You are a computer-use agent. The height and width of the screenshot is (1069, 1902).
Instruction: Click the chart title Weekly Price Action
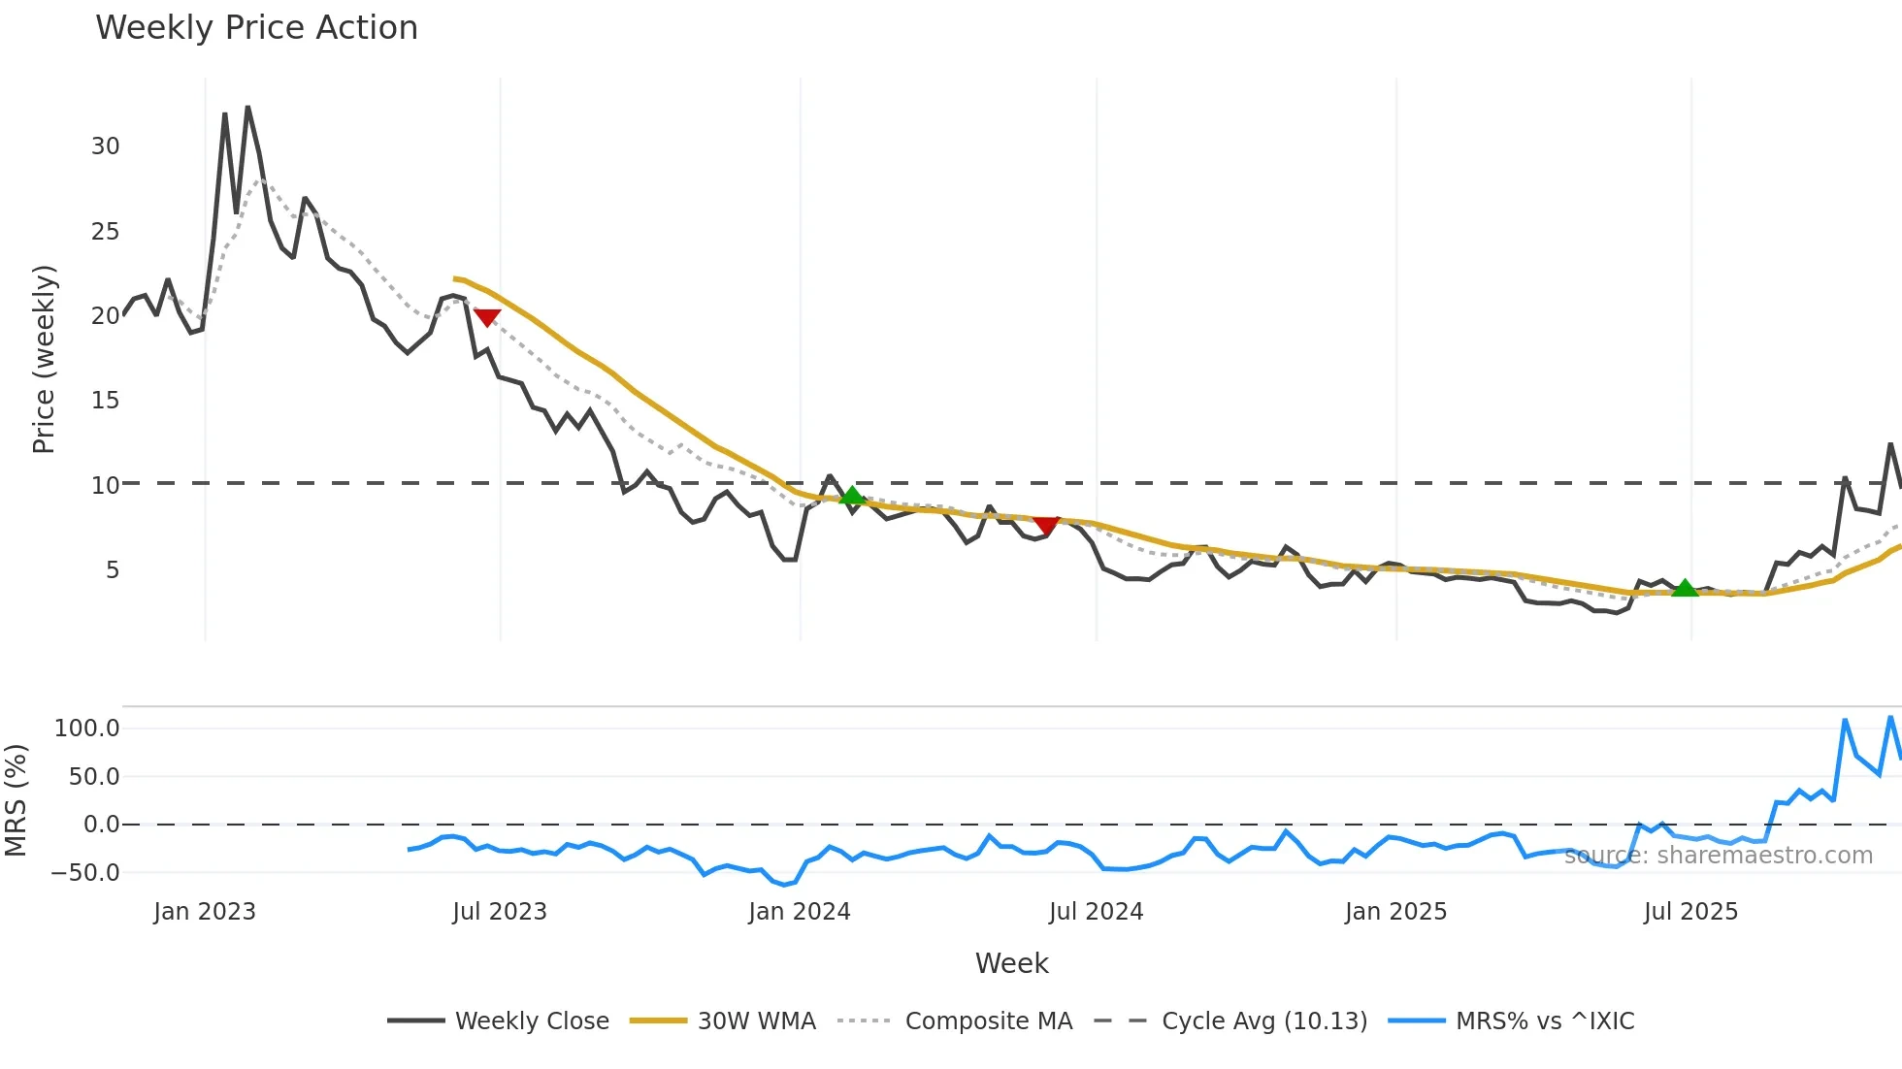(256, 28)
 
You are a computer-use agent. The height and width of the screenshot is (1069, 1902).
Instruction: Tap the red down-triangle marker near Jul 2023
(486, 317)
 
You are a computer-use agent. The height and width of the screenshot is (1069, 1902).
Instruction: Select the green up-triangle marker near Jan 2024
(852, 496)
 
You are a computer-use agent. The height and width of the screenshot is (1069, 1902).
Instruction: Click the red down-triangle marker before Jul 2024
(1045, 525)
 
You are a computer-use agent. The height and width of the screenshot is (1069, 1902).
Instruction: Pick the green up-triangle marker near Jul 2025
(1685, 588)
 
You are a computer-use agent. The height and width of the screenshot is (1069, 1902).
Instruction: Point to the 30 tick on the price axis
(105, 146)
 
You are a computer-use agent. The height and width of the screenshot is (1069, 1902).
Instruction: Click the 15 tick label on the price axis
(105, 401)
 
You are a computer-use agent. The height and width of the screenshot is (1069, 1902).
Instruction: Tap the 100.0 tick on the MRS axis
(87, 729)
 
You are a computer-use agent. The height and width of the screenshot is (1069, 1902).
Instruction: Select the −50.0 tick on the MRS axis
(84, 873)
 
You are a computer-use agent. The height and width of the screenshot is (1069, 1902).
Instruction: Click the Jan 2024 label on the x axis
(799, 912)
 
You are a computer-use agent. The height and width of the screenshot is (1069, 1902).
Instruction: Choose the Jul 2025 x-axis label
(1690, 912)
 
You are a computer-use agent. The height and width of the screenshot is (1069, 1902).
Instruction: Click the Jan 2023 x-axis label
(205, 912)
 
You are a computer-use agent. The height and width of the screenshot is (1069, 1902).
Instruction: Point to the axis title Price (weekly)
(44, 359)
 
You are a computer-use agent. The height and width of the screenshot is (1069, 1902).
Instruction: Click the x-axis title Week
(1011, 963)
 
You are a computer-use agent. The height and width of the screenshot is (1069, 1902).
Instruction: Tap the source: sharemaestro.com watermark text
(1718, 856)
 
